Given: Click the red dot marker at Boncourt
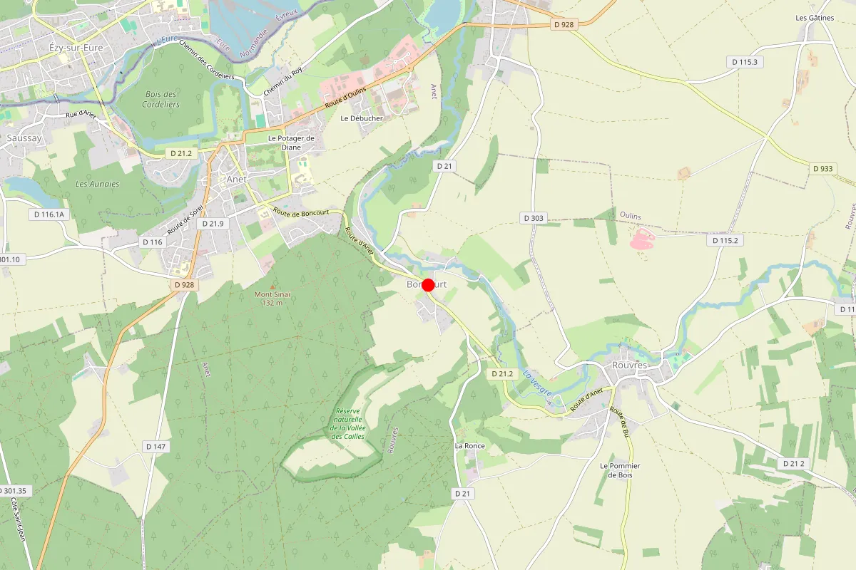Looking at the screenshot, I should [x=428, y=285].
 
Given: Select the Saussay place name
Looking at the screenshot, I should [x=24, y=138].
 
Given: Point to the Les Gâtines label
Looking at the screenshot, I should [x=815, y=18].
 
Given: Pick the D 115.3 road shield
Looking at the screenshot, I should [x=745, y=62].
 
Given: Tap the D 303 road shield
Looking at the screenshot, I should [x=533, y=218].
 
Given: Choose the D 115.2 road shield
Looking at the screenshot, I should [x=725, y=240].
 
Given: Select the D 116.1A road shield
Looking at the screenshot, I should [x=49, y=214].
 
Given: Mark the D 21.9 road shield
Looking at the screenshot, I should [x=213, y=224].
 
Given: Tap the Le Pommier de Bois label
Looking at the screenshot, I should [x=620, y=470].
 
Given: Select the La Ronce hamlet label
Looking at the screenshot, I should [x=469, y=446].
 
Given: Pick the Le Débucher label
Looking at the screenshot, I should [x=362, y=118].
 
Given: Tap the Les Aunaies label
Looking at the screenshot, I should [x=97, y=184].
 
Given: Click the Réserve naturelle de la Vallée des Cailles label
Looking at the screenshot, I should [x=348, y=423].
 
